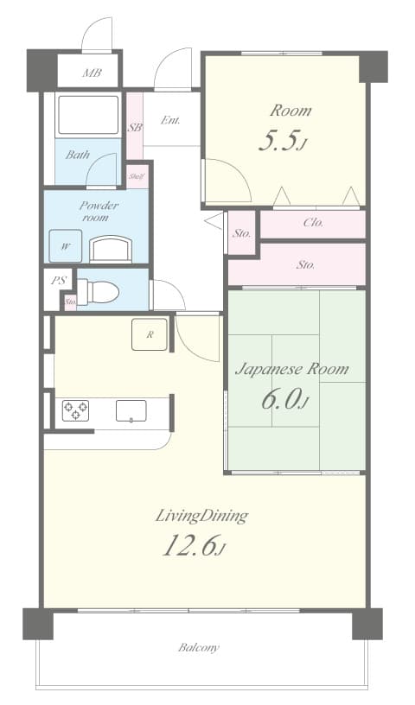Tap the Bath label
pos(78,156)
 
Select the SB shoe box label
pos(135,127)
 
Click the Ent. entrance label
pos(170,120)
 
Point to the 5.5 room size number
pos(279,142)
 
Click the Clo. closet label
pos(313,223)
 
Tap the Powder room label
pos(99,212)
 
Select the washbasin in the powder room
pos(112,249)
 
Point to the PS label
pos(59,280)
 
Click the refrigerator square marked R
pos(149,334)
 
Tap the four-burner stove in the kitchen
pos(75,410)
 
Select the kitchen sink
pos(131,410)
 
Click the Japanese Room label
pos(292,369)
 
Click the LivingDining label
pos(201,516)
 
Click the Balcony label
pos(199,647)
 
